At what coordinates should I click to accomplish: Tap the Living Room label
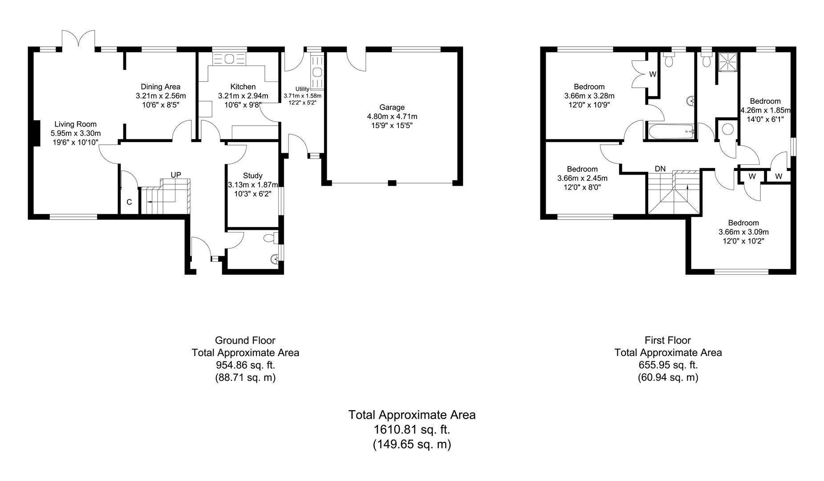[75, 124]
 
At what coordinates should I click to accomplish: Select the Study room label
[252, 176]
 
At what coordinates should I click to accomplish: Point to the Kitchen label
[243, 87]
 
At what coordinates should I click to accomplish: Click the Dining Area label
[161, 87]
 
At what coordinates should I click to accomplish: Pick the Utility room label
[302, 89]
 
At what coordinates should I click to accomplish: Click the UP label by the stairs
[176, 175]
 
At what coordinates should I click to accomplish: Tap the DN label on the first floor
[660, 169]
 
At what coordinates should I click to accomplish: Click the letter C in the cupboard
[129, 202]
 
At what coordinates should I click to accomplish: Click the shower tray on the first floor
[727, 61]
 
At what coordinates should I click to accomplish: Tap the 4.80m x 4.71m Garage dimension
[392, 117]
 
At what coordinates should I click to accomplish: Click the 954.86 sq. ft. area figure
[245, 365]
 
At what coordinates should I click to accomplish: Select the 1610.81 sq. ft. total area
[412, 430]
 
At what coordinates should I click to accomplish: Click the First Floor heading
[668, 340]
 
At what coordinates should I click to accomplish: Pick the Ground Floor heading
[245, 340]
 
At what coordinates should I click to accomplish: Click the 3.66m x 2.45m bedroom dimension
[582, 178]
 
